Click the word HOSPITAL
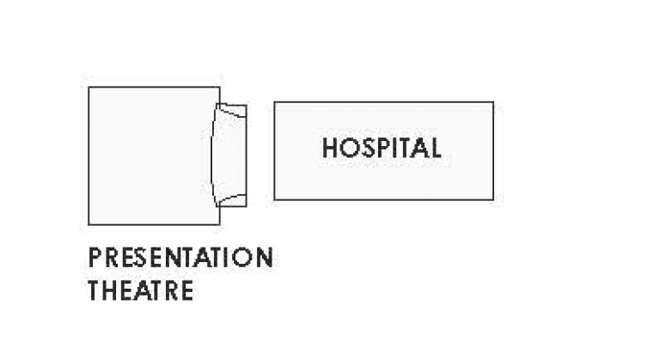382,148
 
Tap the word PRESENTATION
180,257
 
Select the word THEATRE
141,290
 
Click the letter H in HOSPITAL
330,148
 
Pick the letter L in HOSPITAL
435,148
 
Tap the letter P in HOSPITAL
384,148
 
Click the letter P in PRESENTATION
95,257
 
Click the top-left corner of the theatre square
89,87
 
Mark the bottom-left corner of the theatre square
89,224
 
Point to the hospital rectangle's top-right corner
493,102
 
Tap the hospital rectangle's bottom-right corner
493,199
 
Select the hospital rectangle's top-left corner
274,102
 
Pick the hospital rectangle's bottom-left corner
274,199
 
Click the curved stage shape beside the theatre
229,155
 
